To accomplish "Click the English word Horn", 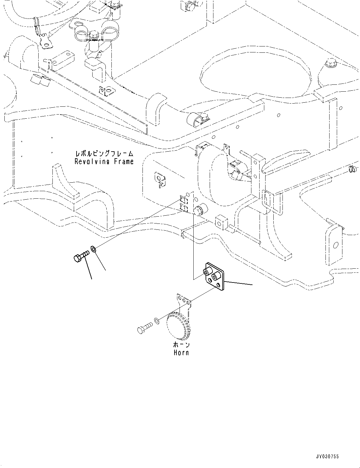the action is coord(181,352).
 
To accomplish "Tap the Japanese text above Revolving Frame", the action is coord(104,153).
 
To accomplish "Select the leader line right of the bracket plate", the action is coord(238,283).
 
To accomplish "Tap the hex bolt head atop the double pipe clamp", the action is coord(93,34).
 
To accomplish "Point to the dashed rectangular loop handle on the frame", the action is coord(272,202).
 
